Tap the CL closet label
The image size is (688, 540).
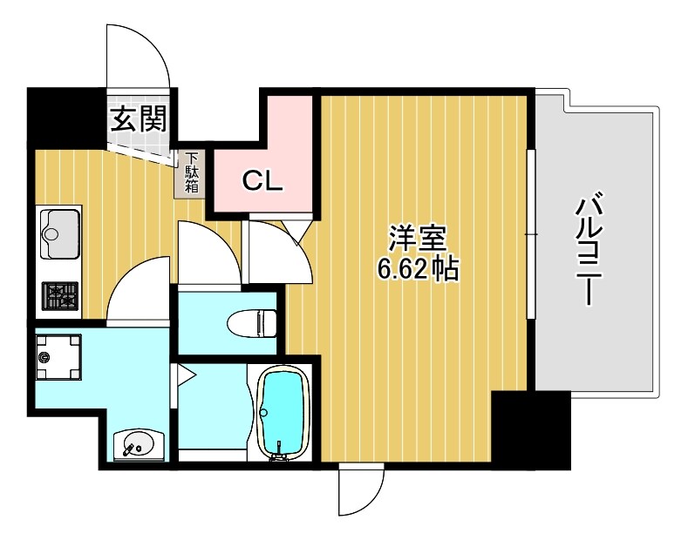click(x=262, y=181)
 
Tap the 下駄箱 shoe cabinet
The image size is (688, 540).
click(x=191, y=173)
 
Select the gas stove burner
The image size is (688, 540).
click(x=58, y=296)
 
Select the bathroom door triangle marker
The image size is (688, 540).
click(x=185, y=375)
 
